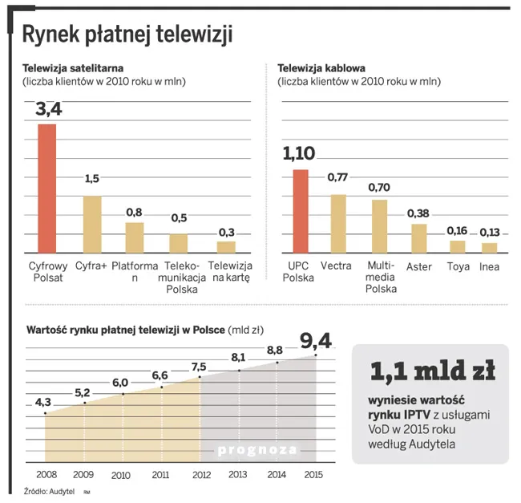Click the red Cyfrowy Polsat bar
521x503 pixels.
(47, 189)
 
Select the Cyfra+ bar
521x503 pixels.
(93, 224)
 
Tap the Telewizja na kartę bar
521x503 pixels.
(227, 247)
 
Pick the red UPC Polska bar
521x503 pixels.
(300, 210)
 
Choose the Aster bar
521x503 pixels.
(418, 237)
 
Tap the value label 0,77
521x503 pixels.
(338, 176)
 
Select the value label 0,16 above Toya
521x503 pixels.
(458, 229)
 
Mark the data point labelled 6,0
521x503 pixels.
(123, 394)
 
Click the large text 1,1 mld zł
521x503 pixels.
(431, 371)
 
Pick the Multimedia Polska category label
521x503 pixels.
(381, 277)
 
